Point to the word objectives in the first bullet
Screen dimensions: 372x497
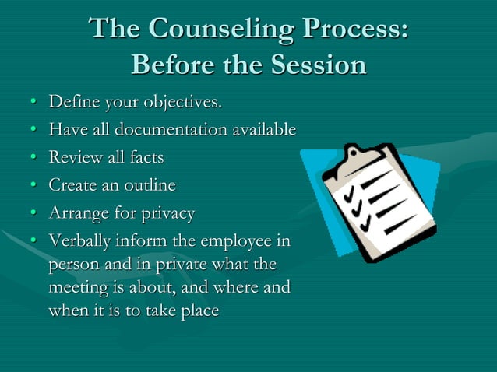(185, 102)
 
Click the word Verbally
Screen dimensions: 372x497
(80, 241)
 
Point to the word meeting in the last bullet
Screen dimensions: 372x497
(79, 287)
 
